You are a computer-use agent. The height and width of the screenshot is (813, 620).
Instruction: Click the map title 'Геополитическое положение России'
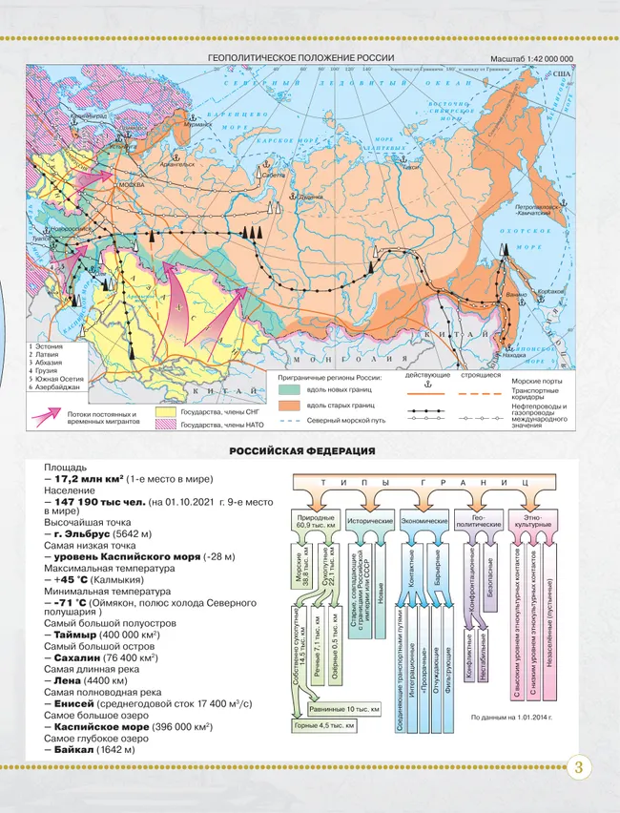click(300, 59)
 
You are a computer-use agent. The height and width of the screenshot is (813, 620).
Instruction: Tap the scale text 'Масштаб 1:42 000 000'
click(538, 59)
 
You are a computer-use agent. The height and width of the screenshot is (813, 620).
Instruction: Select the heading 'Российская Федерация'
click(301, 450)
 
